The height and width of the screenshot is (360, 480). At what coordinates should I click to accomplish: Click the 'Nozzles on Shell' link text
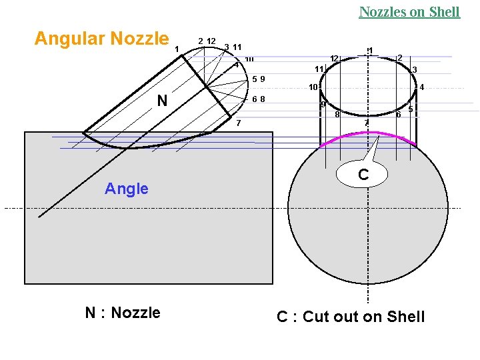[x=409, y=12]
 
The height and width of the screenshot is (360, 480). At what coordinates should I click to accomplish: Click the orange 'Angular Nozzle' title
[x=101, y=39]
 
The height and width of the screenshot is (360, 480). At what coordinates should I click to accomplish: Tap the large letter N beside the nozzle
[x=162, y=101]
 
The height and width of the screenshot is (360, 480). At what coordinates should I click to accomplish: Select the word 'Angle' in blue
[x=127, y=189]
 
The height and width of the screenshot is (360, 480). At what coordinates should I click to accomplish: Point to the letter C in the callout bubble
[x=363, y=175]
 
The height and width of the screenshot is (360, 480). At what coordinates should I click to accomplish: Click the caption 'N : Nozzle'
[x=123, y=313]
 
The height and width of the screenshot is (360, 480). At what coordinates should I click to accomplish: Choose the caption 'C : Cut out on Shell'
[x=351, y=317]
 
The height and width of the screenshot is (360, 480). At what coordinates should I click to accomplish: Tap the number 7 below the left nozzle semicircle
[x=238, y=123]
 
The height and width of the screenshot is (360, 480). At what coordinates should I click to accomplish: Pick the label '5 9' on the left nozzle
[x=259, y=79]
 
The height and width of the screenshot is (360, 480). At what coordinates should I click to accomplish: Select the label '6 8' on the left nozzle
[x=259, y=99]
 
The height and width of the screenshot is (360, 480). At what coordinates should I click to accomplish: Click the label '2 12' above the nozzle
[x=207, y=41]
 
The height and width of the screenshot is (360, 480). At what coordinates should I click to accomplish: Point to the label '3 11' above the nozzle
[x=233, y=47]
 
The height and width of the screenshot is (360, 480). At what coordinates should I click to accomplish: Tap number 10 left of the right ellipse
[x=312, y=87]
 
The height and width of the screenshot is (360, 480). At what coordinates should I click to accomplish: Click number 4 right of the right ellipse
[x=421, y=87]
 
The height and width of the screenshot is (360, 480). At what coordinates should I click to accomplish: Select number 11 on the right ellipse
[x=319, y=69]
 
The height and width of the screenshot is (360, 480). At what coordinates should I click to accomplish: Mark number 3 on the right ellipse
[x=414, y=69]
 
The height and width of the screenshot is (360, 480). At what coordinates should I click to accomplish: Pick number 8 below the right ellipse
[x=337, y=115]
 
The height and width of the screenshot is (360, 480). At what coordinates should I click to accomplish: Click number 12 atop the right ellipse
[x=335, y=59]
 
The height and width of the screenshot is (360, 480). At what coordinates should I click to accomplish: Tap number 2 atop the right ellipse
[x=399, y=58]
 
